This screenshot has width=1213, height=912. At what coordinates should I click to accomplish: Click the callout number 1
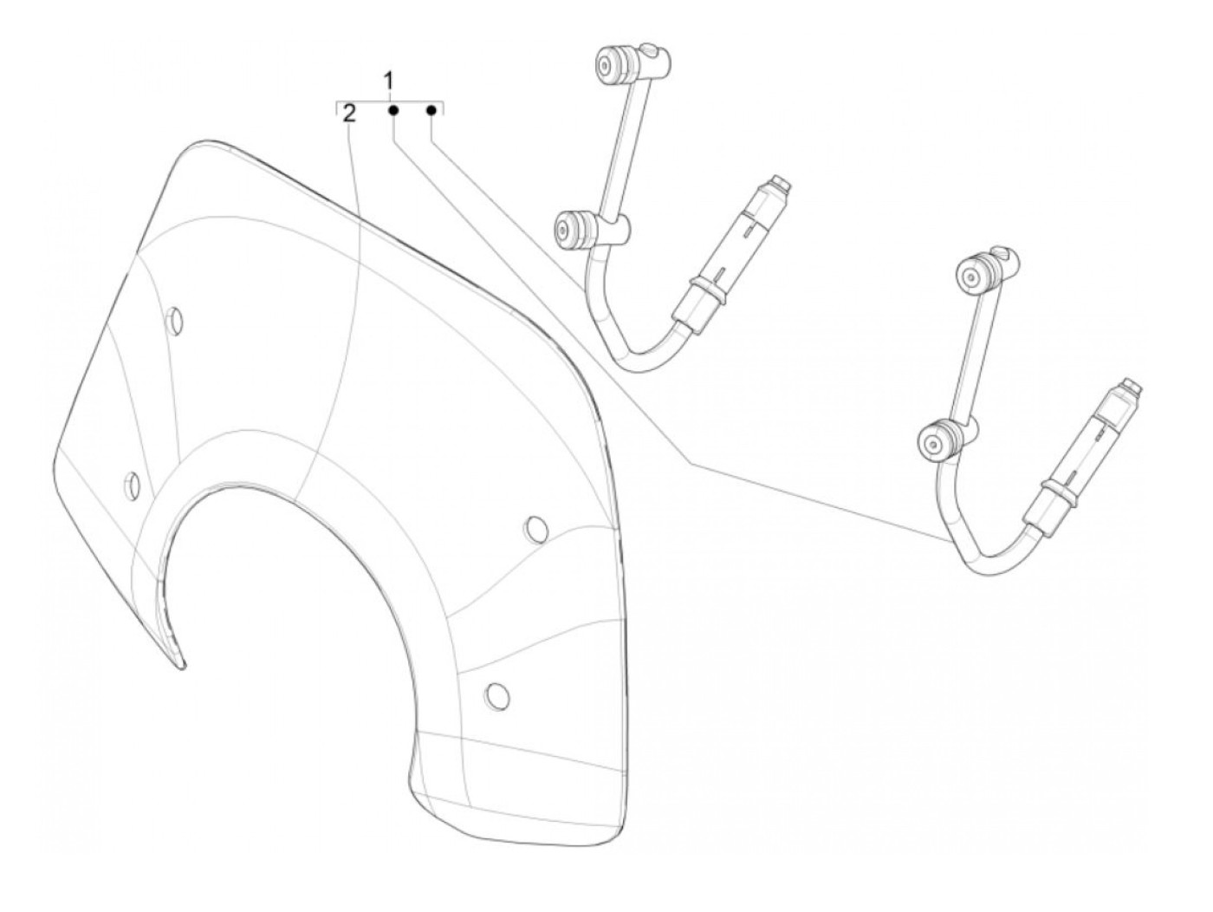[389, 81]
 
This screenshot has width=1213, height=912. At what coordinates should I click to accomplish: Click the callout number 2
[349, 113]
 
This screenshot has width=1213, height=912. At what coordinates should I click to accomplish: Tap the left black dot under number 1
[393, 111]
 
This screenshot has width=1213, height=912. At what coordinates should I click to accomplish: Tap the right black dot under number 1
[431, 111]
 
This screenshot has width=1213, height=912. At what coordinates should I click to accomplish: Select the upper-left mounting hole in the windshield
[175, 320]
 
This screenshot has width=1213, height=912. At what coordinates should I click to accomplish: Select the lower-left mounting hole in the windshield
[133, 485]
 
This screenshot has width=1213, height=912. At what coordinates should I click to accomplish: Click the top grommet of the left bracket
[613, 65]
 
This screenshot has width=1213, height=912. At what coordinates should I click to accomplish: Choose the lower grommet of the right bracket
[936, 442]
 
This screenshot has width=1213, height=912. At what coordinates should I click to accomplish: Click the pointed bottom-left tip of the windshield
[179, 665]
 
